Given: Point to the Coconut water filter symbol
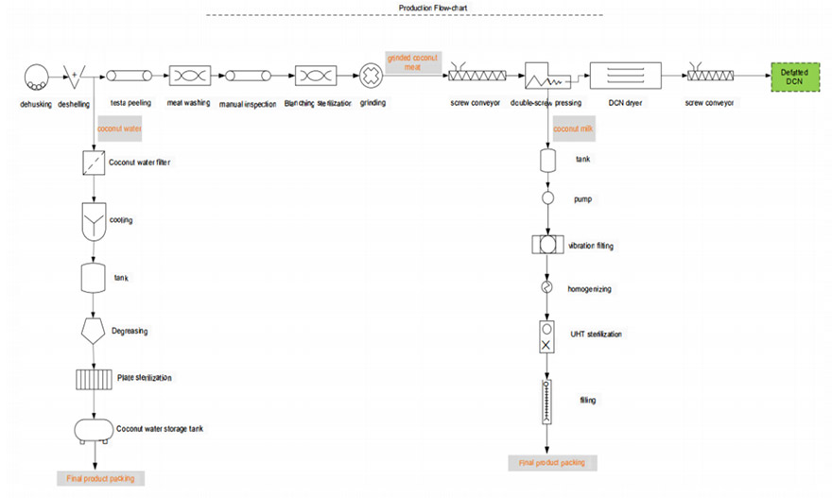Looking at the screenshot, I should [x=93, y=163].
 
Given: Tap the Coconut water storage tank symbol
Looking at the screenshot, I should [x=94, y=429].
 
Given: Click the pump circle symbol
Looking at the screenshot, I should [x=546, y=199].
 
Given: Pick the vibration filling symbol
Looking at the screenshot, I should [x=546, y=246].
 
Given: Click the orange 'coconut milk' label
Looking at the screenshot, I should [x=571, y=127].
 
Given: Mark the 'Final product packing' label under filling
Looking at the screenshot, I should [x=552, y=463].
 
